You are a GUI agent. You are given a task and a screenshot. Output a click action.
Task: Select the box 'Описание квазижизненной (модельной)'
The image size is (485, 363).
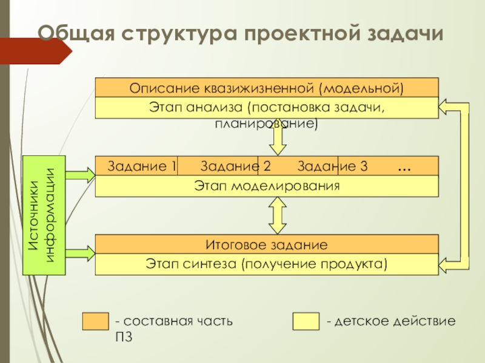point(267,88)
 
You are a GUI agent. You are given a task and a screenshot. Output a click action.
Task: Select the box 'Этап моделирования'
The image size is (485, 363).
point(267,186)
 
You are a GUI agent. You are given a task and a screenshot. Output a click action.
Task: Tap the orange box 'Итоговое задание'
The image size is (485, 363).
point(267,245)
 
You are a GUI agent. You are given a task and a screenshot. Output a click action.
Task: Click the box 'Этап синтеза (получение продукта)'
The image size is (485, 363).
point(267,264)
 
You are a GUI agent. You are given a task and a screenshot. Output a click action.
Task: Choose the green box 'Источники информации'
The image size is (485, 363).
point(43,215)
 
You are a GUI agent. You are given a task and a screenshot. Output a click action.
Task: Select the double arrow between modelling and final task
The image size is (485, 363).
point(278,216)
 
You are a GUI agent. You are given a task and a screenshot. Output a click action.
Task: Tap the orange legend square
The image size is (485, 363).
point(95,321)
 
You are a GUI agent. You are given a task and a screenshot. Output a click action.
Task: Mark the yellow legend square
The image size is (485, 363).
point(306,321)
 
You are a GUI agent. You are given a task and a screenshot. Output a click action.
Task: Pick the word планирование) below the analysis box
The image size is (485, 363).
point(266,123)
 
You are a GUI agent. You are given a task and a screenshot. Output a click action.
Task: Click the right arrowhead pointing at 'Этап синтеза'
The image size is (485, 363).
point(449,264)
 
